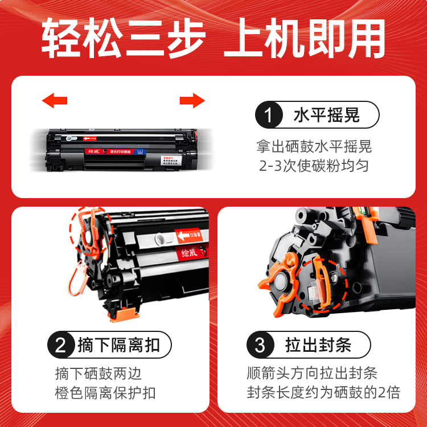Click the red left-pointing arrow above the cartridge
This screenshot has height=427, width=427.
pyautogui.click(x=55, y=101)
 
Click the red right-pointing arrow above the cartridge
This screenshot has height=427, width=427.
pyautogui.click(x=192, y=101)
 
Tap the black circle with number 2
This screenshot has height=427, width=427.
pyautogui.click(x=60, y=346)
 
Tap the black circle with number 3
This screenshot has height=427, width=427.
pyautogui.click(x=260, y=346)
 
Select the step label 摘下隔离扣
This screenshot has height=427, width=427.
pyautogui.click(x=118, y=346)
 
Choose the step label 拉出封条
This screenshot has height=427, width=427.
pyautogui.click(x=318, y=346)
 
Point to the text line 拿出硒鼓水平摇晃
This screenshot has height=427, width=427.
pyautogui.click(x=314, y=147)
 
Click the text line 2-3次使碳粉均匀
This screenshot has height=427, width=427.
pyautogui.click(x=314, y=166)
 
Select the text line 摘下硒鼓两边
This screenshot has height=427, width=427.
pyautogui.click(x=98, y=373)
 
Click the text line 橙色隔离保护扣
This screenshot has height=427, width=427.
pyautogui.click(x=105, y=393)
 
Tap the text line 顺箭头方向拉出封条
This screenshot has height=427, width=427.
pyautogui.click(x=312, y=373)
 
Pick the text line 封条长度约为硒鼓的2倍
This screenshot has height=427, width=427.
pyautogui.click(x=323, y=393)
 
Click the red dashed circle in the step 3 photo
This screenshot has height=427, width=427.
pyautogui.click(x=321, y=284)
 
